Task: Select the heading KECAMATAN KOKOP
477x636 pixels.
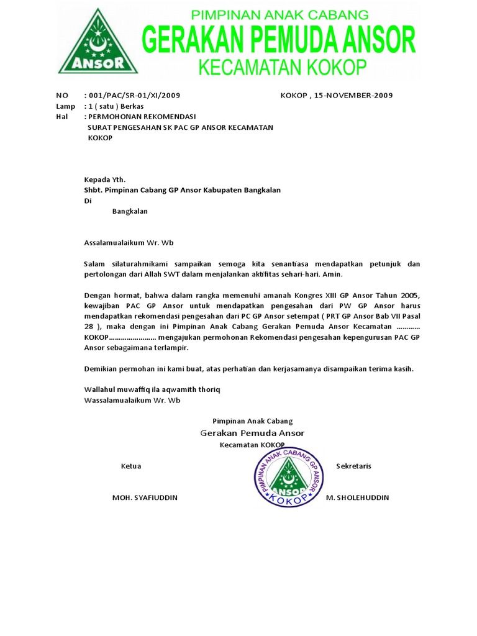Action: (283, 66)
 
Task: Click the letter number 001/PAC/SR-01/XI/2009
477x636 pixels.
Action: (134, 96)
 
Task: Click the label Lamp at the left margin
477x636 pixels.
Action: (65, 106)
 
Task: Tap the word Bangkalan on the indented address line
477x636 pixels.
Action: (130, 211)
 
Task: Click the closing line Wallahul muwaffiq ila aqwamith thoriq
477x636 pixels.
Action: (152, 389)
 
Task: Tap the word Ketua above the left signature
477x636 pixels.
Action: (131, 466)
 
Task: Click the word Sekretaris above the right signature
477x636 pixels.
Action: (353, 466)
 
